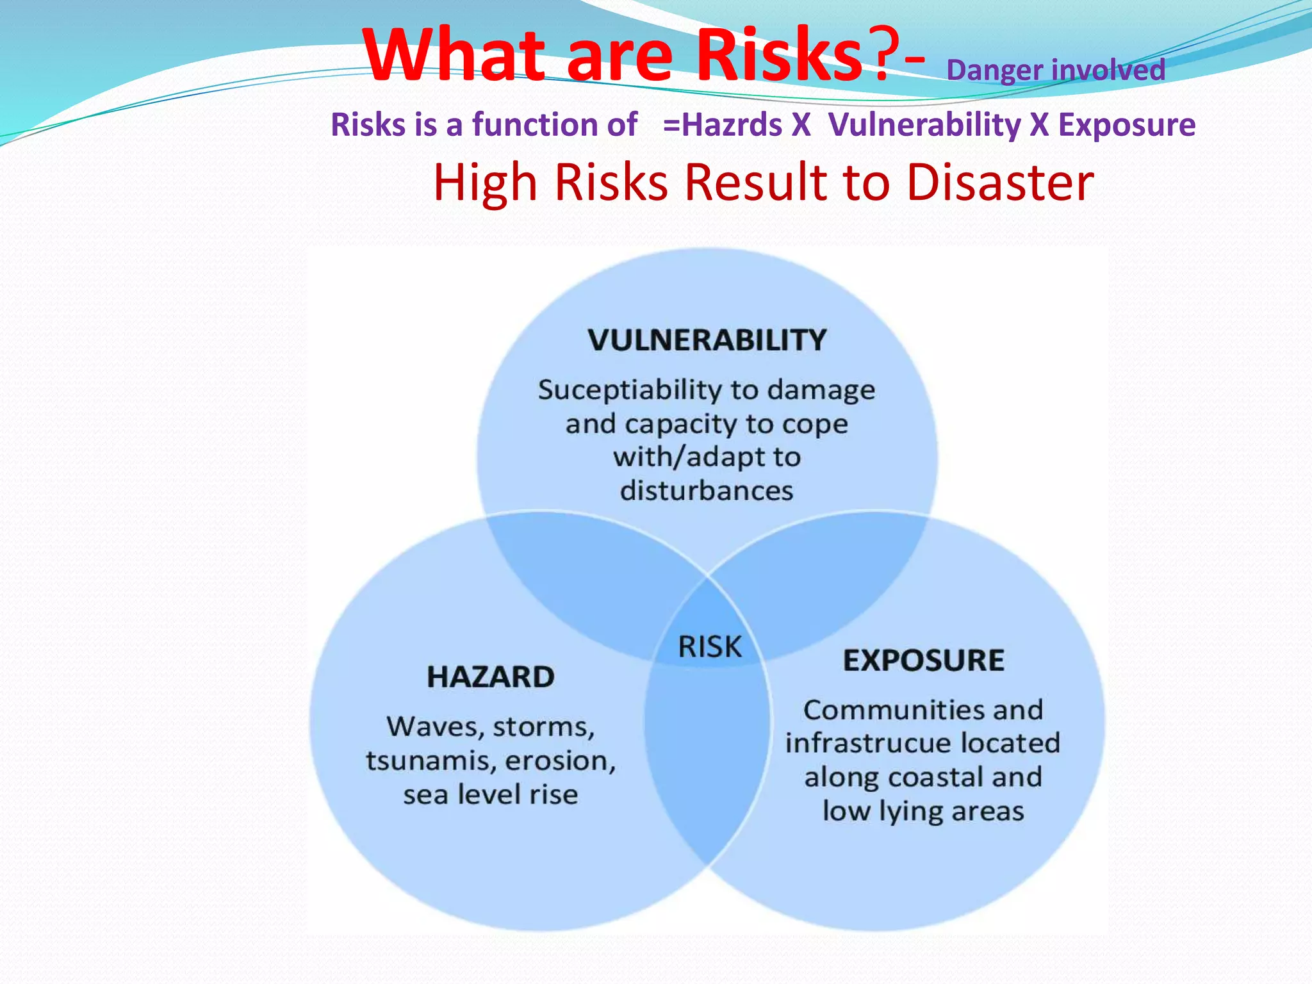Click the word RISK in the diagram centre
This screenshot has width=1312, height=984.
(x=710, y=646)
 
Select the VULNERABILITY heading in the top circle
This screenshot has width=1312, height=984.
(x=707, y=340)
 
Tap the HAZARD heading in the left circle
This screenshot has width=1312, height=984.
(x=491, y=677)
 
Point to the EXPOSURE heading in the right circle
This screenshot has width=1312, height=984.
(x=923, y=660)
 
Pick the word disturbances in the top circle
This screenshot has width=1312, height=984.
(x=707, y=491)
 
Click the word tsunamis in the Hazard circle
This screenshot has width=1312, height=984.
(x=430, y=761)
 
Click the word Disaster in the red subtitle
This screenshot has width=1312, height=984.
(x=1000, y=183)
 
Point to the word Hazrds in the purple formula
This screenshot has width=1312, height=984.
(x=732, y=124)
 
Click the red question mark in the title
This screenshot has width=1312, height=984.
(x=876, y=56)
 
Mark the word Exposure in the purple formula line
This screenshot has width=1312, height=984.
(x=1126, y=124)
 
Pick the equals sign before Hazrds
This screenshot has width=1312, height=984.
(x=671, y=124)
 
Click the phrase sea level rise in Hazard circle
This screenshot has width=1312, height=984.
(x=491, y=795)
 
